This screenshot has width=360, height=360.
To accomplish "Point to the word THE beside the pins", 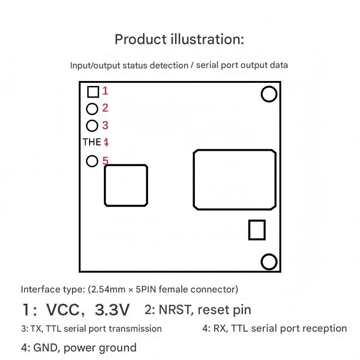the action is tap(92, 142).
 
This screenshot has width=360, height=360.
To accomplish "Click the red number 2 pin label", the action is tap(105, 108).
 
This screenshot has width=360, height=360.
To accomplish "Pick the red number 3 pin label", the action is tap(105, 126).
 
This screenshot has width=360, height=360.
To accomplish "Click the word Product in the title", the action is tap(140, 39).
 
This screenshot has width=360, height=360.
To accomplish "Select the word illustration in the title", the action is tap(207, 39).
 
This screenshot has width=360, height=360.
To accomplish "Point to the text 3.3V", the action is tap(112, 310).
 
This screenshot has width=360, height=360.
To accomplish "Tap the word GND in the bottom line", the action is tap(45, 347).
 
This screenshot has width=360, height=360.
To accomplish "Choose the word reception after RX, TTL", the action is tap(324, 328).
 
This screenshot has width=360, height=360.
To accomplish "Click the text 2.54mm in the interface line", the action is tap(108, 289).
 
